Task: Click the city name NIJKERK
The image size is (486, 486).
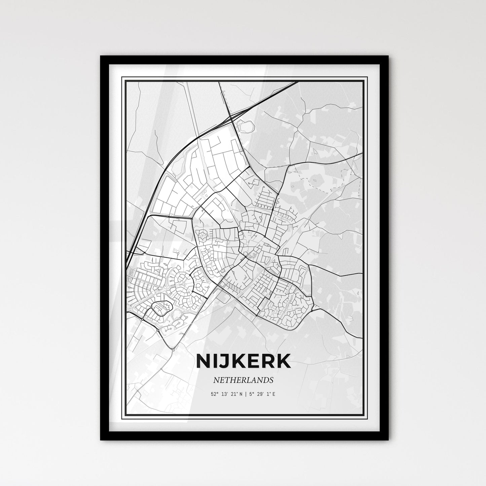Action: pyautogui.click(x=243, y=361)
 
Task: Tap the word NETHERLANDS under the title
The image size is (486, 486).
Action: pyautogui.click(x=243, y=380)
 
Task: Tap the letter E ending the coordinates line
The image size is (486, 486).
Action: pyautogui.click(x=274, y=394)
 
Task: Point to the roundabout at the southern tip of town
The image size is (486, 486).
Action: pyautogui.click(x=173, y=350)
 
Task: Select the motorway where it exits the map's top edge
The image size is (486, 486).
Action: pyautogui.click(x=296, y=82)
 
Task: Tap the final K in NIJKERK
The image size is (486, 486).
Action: pyautogui.click(x=284, y=361)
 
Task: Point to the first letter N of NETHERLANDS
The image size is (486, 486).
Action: pyautogui.click(x=215, y=380)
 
